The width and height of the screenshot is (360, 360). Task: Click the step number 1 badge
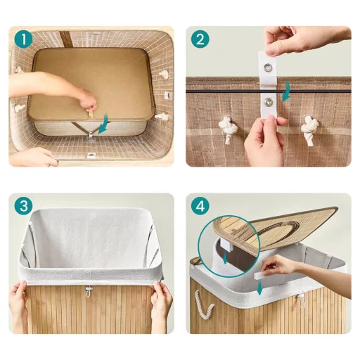(x=23, y=39)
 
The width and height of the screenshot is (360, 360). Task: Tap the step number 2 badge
(x=200, y=39)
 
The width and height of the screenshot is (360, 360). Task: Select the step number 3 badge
(x=23, y=206)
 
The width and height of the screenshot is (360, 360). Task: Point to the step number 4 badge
(x=200, y=206)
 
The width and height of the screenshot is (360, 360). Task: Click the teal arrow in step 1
(x=104, y=124)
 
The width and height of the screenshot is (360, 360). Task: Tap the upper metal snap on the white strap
(x=267, y=67)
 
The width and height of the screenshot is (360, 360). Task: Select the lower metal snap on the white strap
(x=268, y=101)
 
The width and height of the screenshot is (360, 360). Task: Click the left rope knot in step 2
(x=228, y=129)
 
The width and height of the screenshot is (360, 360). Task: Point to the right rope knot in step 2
(x=310, y=129)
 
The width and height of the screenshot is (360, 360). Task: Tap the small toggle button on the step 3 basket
(x=88, y=290)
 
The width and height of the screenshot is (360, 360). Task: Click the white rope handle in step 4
(x=205, y=305)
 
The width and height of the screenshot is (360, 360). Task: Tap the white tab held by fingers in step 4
(x=261, y=276)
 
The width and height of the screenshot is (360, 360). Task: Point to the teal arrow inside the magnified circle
(x=226, y=258)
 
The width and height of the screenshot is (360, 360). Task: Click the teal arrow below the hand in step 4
(x=259, y=288)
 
